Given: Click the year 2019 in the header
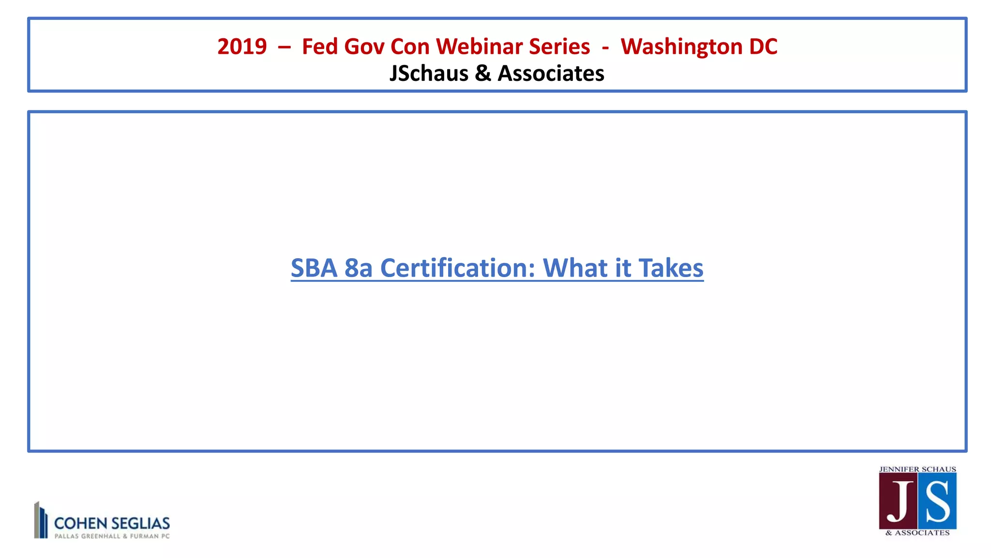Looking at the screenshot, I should pos(242,46).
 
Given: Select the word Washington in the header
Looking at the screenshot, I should pos(681,46).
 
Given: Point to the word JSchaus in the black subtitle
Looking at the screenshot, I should pos(429,74).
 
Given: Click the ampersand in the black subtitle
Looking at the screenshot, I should pos(483,74).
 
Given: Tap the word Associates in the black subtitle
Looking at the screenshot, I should pos(551,74).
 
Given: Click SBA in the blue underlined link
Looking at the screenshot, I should pos(314,268).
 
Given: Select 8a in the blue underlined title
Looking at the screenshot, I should pos(358,268).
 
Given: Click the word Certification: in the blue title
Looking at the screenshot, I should pos(457,268).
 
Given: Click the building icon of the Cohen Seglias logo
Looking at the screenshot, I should pos(41,520).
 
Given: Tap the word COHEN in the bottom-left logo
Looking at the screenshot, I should pos(80,523).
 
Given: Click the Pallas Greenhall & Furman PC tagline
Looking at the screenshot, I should pos(112,536).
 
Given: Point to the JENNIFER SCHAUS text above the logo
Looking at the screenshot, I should pos(917,469).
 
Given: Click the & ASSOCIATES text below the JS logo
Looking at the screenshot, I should pos(917,533).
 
